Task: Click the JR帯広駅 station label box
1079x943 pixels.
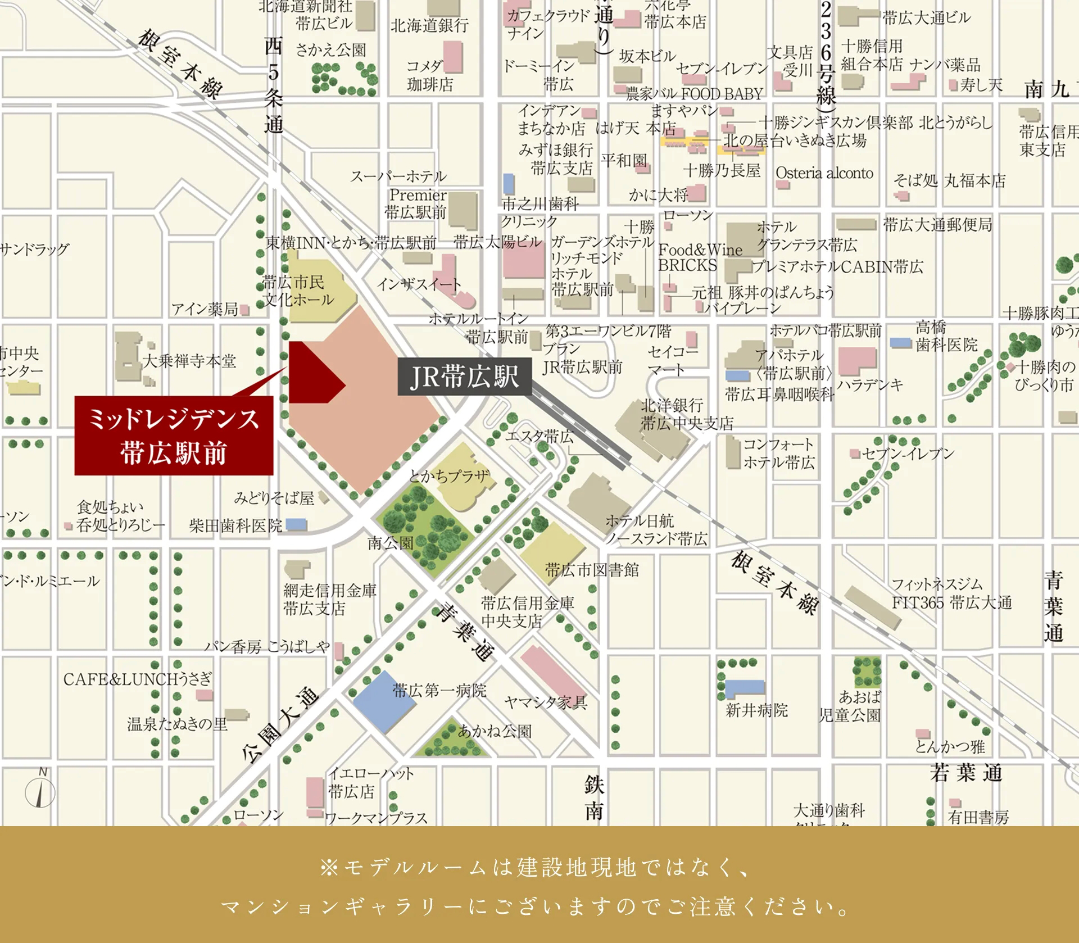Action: [x=464, y=376]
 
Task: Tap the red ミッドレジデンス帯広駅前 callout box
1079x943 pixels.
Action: [x=174, y=436]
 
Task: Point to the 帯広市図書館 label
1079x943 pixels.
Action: [x=592, y=570]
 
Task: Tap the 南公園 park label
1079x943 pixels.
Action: [x=391, y=543]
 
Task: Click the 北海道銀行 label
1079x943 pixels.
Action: [x=429, y=25]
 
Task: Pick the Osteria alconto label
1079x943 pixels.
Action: [x=824, y=173]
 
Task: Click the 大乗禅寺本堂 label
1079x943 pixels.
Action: [x=189, y=361]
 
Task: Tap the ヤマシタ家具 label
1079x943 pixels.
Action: [x=545, y=702]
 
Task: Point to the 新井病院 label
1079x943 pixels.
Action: [x=756, y=710]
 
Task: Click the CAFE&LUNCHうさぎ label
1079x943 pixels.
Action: [x=137, y=679]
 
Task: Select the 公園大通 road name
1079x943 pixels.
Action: [x=279, y=725]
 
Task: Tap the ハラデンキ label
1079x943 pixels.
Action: [x=869, y=385]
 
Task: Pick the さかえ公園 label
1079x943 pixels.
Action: [x=330, y=50]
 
